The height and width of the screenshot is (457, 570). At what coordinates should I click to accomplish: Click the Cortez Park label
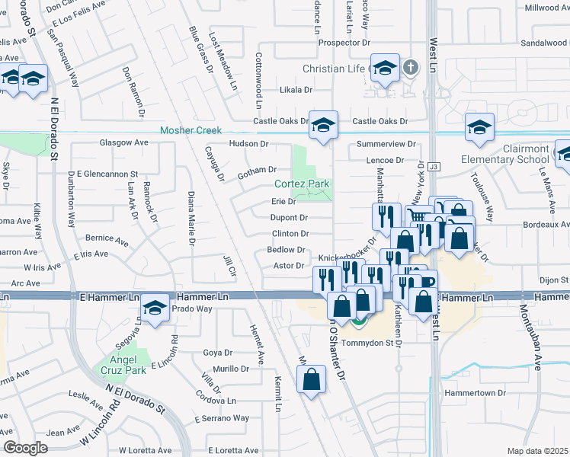tap(302, 184)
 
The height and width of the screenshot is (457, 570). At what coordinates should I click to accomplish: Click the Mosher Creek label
tap(191, 130)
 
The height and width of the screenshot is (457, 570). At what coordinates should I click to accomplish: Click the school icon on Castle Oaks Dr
tap(323, 125)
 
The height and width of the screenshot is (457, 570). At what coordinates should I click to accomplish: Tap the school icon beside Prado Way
tap(155, 308)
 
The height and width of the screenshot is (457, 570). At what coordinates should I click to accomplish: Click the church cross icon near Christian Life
tap(410, 67)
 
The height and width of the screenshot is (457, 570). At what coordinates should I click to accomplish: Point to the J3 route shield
tap(434, 166)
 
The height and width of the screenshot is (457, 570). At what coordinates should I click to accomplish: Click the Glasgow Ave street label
tap(124, 142)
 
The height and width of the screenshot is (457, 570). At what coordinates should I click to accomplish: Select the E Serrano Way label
tap(222, 418)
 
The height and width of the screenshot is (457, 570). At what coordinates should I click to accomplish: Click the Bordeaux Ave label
tap(546, 225)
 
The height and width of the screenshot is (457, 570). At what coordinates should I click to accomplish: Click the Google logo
tap(25, 447)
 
